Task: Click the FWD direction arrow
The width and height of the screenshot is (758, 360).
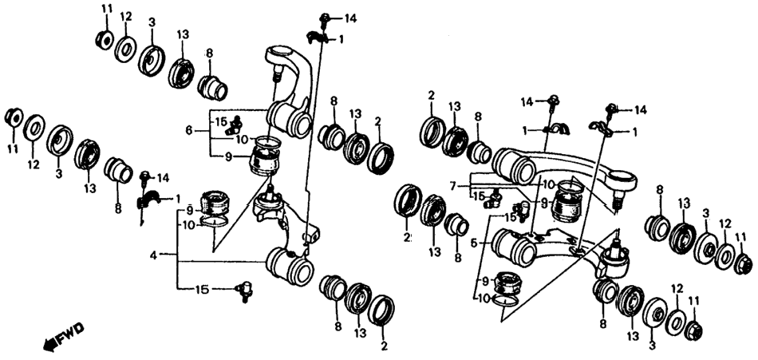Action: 49,343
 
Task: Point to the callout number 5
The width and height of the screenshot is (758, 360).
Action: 475,241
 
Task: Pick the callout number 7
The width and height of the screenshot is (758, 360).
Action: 452,184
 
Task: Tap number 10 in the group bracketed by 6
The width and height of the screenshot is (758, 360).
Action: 243,140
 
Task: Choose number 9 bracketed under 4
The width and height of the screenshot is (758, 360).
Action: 190,211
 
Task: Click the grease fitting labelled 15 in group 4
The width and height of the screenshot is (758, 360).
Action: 244,291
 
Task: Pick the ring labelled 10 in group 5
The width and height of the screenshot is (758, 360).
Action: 506,300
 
